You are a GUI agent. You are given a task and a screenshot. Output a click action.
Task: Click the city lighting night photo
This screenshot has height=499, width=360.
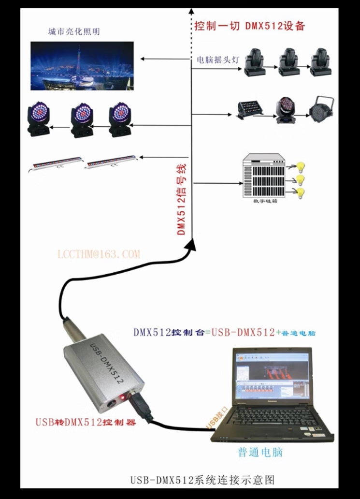(82, 66)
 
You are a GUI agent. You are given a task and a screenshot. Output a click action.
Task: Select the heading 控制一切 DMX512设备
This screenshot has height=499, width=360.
(250, 26)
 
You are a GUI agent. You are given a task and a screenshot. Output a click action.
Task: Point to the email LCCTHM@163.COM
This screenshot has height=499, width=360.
(98, 254)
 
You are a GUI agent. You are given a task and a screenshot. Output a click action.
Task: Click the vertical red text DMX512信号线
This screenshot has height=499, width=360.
(182, 199)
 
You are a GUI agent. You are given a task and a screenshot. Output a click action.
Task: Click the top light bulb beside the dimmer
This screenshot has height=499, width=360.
(300, 167)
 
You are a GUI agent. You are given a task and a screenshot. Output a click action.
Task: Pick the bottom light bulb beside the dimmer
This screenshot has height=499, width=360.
(301, 193)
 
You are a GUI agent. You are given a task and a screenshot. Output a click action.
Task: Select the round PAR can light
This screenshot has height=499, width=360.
(321, 108)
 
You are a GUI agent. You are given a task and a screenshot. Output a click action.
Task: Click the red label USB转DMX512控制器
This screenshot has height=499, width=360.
(86, 422)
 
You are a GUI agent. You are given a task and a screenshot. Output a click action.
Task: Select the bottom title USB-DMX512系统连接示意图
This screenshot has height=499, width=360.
(202, 480)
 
